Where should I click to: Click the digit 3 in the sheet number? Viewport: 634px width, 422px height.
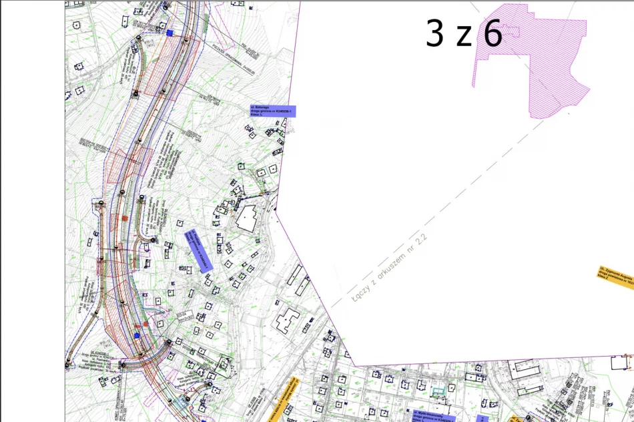[x=434, y=33]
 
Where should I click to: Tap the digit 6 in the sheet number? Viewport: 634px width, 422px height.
[x=493, y=33]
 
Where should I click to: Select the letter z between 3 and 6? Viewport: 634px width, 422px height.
[x=464, y=37]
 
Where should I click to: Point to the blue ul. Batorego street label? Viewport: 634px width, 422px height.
[x=272, y=111]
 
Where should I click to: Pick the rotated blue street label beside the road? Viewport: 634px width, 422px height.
[x=198, y=251]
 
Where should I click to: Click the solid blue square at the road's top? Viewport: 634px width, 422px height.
[x=170, y=32]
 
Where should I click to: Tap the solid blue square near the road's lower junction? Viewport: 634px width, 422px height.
[x=137, y=335]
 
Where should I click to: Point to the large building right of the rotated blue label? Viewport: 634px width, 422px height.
[x=248, y=218]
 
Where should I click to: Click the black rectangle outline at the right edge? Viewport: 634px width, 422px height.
[x=621, y=363]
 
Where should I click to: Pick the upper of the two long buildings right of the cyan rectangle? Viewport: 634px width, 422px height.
[x=525, y=369]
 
